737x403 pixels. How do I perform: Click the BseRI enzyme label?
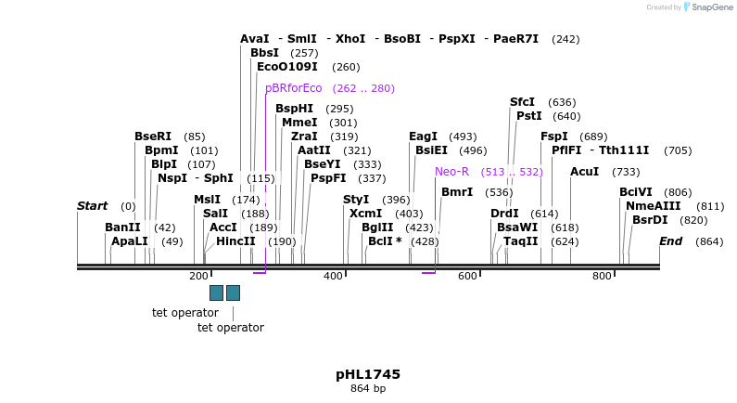point(153,136)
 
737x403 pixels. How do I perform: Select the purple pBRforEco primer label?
point(294,88)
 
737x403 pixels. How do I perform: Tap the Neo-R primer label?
point(452,172)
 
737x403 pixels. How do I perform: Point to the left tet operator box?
point(216,292)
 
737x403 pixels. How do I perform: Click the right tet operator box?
point(233,292)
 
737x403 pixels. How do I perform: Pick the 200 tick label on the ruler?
point(198,277)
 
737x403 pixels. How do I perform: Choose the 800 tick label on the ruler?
point(603,277)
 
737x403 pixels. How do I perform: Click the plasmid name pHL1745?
point(368,374)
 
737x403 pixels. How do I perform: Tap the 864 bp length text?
point(368,388)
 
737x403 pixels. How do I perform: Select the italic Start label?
point(92,206)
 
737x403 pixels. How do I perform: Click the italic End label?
point(670,241)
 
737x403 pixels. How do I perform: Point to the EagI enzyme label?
point(423,136)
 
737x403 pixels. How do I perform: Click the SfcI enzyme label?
point(522,102)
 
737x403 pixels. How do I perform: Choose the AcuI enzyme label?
point(585,172)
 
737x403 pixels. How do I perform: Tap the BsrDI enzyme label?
point(650,220)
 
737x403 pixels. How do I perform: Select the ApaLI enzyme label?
point(130,241)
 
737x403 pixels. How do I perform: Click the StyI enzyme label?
point(356,200)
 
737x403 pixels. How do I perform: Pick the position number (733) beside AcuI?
point(626,172)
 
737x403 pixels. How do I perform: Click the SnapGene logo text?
point(710,7)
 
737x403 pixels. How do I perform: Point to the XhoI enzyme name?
point(350,39)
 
